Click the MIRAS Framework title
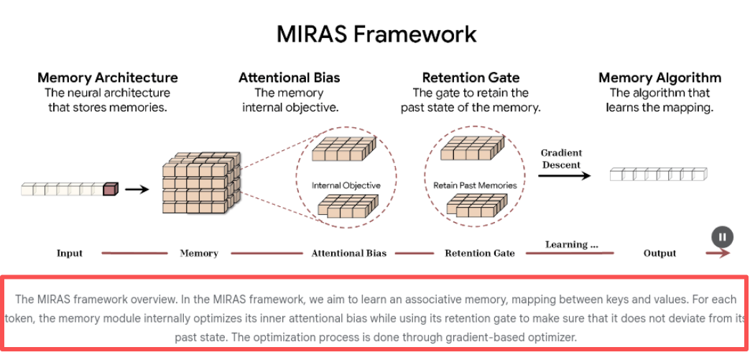click(x=376, y=34)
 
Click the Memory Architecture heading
click(x=108, y=78)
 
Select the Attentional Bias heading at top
click(x=290, y=78)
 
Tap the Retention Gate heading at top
click(x=471, y=78)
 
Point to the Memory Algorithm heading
click(x=659, y=78)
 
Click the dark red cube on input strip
click(x=110, y=189)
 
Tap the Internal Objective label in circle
click(x=346, y=185)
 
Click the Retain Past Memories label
click(x=475, y=185)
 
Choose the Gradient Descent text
click(x=561, y=158)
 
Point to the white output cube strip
click(x=658, y=174)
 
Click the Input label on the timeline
click(x=70, y=253)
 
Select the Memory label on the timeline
click(x=199, y=253)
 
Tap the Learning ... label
click(x=571, y=244)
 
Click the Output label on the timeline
click(x=659, y=253)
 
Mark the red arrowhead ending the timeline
click(x=725, y=253)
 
